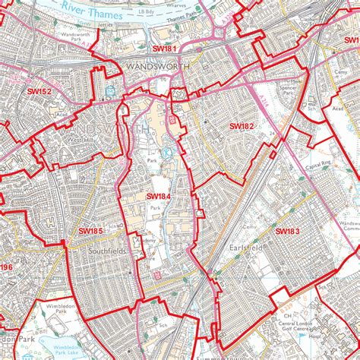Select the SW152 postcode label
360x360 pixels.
(x=39, y=92)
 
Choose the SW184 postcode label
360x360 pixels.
(x=158, y=197)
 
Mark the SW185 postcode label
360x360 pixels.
(x=90, y=231)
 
